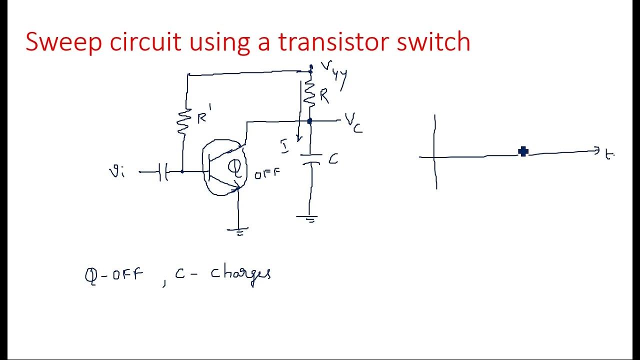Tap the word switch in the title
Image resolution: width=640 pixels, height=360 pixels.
click(x=433, y=42)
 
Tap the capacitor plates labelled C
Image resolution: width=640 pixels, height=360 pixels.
click(x=310, y=159)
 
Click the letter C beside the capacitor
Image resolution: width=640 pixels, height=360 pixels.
click(x=333, y=159)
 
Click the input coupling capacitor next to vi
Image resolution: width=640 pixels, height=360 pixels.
click(x=162, y=172)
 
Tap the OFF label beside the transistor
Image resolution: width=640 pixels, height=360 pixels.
click(x=267, y=174)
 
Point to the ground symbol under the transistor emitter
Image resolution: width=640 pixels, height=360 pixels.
click(x=238, y=230)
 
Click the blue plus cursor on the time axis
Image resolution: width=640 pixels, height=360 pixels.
click(x=523, y=151)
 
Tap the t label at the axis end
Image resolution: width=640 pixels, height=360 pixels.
click(x=608, y=155)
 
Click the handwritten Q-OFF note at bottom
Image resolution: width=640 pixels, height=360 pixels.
click(x=114, y=275)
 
